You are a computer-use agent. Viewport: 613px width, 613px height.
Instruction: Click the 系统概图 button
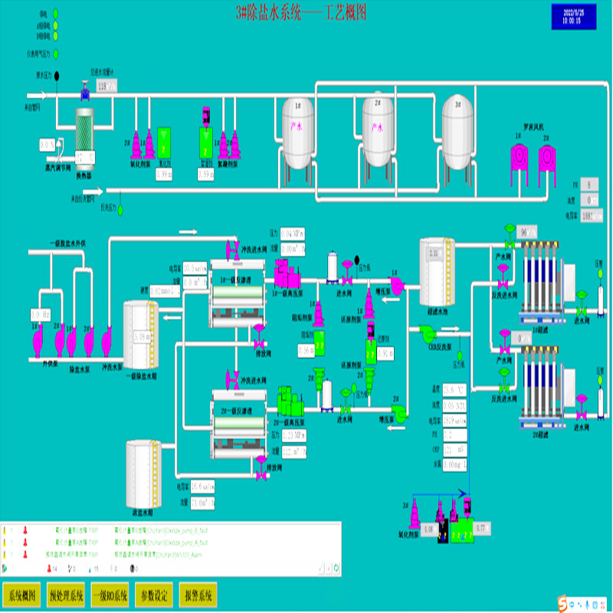(x=22, y=595)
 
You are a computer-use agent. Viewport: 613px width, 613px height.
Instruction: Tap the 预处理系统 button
(x=67, y=595)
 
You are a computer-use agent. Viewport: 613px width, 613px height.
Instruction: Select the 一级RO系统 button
(x=110, y=595)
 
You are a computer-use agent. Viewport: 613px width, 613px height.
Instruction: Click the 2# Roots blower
(x=546, y=159)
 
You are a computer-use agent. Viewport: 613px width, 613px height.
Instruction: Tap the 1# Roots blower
(x=520, y=159)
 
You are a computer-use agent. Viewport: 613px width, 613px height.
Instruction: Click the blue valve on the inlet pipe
(x=84, y=95)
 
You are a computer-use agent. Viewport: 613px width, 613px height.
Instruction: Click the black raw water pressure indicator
(x=65, y=84)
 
